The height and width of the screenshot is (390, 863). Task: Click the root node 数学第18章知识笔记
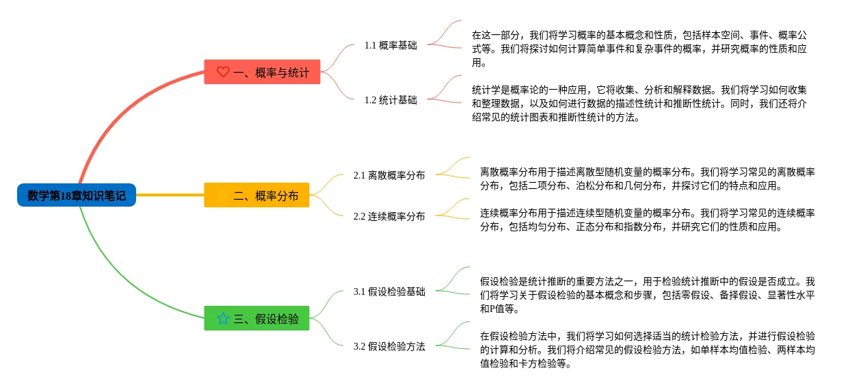[77, 196]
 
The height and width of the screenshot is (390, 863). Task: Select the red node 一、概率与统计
[263, 72]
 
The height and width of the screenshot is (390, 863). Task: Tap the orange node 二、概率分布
[257, 196]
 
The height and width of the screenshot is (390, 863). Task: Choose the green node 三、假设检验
[257, 318]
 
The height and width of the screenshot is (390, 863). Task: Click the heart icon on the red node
[223, 72]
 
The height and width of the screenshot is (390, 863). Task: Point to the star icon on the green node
[223, 318]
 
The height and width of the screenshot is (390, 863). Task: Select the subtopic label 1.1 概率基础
[390, 45]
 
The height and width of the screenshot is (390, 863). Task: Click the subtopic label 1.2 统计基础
[390, 100]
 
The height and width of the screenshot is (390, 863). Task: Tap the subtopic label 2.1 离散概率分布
[389, 175]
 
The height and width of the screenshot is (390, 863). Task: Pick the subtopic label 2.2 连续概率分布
[389, 216]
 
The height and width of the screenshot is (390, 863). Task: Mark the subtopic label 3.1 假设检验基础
[389, 291]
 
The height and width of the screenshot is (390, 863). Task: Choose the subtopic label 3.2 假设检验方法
[389, 346]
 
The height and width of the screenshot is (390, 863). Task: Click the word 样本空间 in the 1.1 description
[721, 35]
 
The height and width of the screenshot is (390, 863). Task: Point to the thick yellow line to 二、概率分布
[171, 195]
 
